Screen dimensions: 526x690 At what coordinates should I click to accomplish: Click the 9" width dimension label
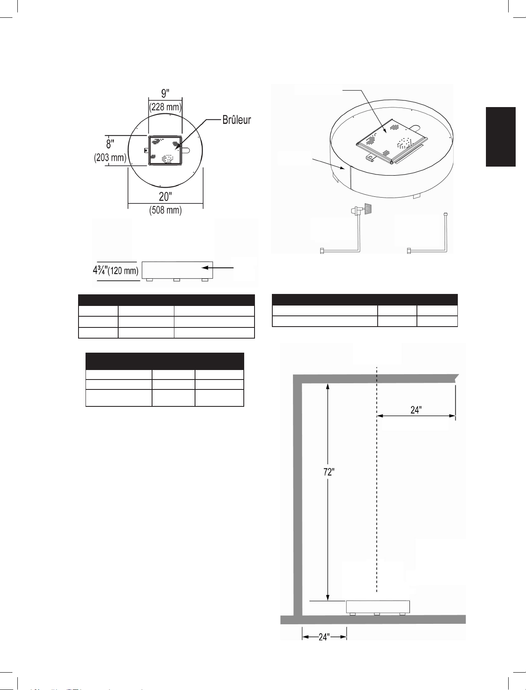coord(165,93)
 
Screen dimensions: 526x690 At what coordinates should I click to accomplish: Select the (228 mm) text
coord(166,107)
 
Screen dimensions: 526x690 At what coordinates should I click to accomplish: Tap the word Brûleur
coord(237,120)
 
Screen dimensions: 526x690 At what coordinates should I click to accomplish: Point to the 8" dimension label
coord(110,144)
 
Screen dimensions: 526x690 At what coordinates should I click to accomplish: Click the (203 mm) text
coord(110,157)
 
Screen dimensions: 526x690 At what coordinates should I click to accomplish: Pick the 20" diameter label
coord(165,197)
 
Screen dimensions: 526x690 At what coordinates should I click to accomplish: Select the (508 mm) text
coord(166,210)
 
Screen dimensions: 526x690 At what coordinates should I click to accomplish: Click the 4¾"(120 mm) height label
coord(116,270)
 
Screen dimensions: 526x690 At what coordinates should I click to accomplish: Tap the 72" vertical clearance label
coord(329,472)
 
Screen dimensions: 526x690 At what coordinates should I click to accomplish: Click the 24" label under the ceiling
coord(416,410)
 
